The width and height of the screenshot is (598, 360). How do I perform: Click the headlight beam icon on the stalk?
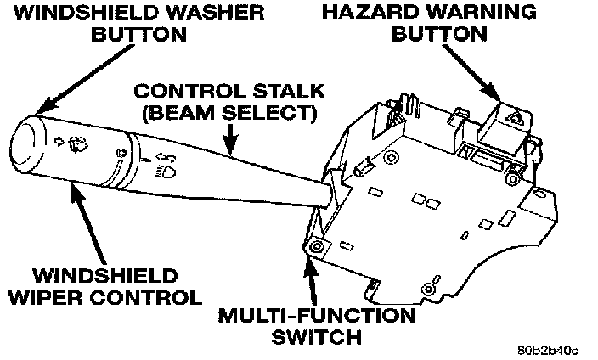coord(166,173)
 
